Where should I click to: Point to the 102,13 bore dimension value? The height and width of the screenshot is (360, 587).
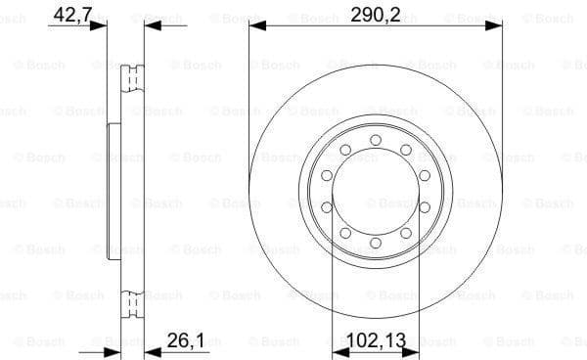point(376,342)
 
